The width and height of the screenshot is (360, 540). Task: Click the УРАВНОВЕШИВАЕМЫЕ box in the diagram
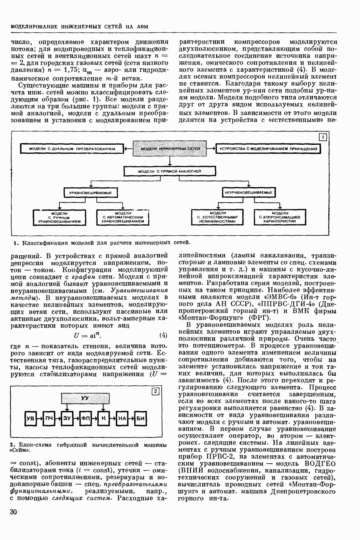coord(91,192)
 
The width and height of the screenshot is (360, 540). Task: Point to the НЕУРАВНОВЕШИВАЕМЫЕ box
coord(249,192)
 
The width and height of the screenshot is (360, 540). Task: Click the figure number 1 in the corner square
coord(323,137)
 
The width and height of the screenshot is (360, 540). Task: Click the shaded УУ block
coord(84,398)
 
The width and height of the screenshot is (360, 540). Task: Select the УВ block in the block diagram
coord(30,418)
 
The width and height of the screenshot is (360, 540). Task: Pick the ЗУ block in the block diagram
coord(67,418)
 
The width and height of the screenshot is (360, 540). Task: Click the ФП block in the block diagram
coord(86,418)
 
